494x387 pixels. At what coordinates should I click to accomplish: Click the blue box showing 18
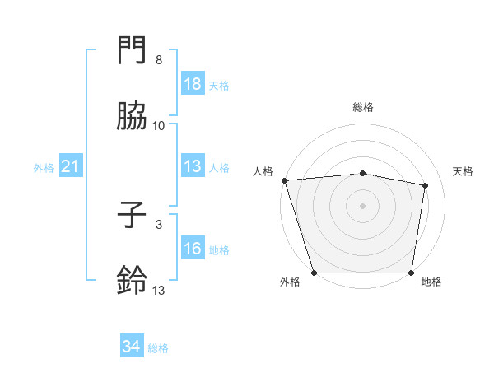[x=193, y=84]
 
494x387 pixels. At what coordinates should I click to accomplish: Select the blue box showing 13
[x=193, y=167]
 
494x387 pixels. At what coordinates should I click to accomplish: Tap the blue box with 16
[x=193, y=249]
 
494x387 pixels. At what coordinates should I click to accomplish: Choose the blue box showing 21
[x=71, y=167]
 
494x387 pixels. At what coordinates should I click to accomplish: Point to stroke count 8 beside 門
[x=159, y=60]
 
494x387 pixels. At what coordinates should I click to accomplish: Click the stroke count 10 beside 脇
[x=159, y=125]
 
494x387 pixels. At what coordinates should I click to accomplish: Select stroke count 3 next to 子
[x=159, y=224]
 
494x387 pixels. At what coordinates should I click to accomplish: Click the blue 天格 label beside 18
[x=218, y=85]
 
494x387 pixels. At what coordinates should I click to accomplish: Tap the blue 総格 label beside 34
[x=158, y=348]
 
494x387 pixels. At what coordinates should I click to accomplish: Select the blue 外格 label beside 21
[x=44, y=168]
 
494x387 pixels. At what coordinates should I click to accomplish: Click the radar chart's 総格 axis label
[x=363, y=107]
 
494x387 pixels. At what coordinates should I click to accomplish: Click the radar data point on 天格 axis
[x=426, y=185]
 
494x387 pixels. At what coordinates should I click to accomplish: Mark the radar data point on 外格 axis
[x=314, y=273]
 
